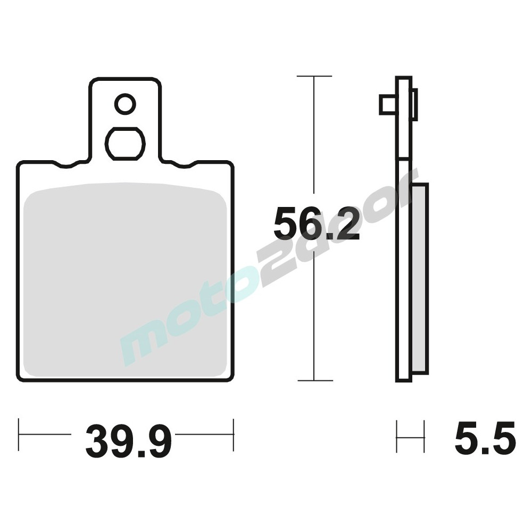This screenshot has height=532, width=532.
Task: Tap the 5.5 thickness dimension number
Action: [485, 439]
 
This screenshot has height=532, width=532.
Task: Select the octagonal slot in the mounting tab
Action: [125, 143]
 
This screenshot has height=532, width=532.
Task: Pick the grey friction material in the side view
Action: [420, 277]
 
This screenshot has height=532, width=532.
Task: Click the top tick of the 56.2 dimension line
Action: [314, 77]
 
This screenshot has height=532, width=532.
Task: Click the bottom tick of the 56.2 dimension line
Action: [315, 380]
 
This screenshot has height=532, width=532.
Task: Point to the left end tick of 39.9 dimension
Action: [19, 435]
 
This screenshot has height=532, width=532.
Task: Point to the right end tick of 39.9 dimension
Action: [233, 435]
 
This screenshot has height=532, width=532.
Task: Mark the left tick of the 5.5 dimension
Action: [397, 437]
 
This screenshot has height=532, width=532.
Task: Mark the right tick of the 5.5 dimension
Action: [424, 437]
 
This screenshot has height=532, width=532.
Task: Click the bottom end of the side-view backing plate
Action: [402, 380]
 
